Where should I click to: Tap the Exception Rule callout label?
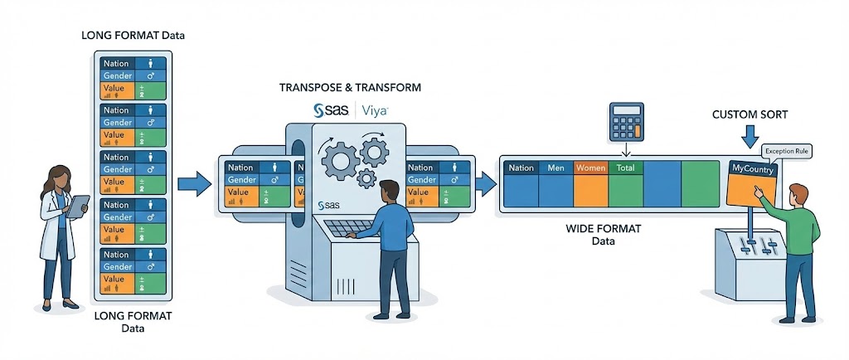[786, 151]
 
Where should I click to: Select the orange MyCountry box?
[752, 182]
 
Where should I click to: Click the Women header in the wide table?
[590, 168]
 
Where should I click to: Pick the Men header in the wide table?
[555, 168]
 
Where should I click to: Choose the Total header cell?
[625, 168]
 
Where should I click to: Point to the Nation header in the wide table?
[521, 168]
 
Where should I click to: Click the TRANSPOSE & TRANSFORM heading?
[350, 87]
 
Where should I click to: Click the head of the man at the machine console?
[389, 192]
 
